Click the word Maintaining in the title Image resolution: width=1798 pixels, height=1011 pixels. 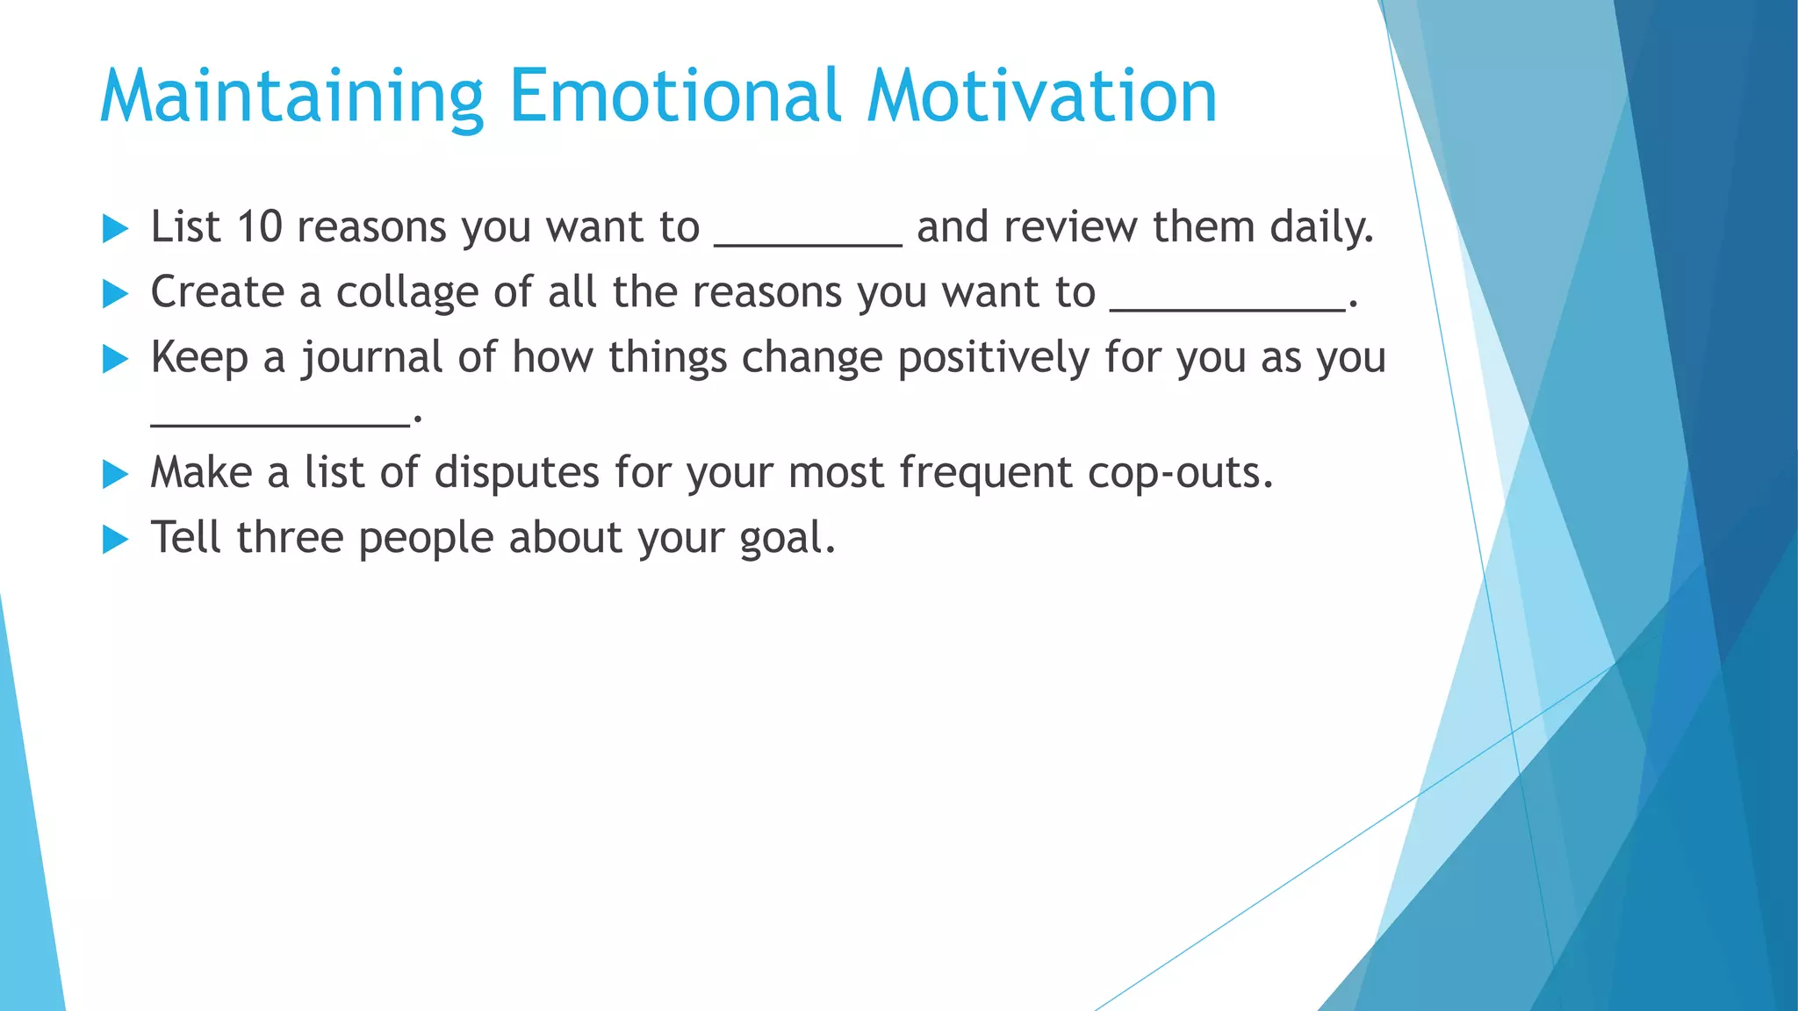tap(291, 97)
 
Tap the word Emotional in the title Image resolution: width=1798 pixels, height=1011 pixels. tap(675, 97)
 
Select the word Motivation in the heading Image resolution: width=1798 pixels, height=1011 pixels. tap(1042, 97)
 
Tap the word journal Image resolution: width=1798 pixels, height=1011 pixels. tap(372, 359)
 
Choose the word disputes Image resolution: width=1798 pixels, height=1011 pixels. tap(516, 473)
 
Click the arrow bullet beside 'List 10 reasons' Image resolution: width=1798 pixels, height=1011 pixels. tap(115, 229)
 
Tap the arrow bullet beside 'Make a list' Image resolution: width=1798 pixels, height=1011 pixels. tap(115, 475)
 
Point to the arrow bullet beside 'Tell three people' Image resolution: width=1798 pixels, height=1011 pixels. tap(115, 540)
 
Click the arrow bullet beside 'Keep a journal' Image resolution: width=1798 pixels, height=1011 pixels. tap(115, 359)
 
